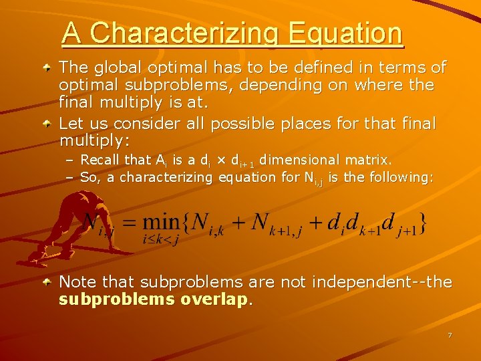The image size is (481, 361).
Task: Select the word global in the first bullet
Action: point(114,68)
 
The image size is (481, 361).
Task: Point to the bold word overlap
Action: point(214,299)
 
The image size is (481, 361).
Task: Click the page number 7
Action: point(450,334)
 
